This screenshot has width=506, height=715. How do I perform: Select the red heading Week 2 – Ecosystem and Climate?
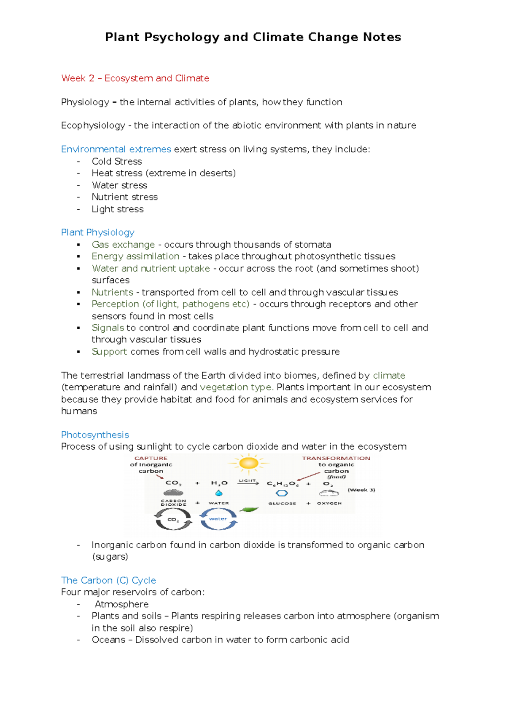pyautogui.click(x=135, y=78)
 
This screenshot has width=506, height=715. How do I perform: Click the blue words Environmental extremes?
pyautogui.click(x=116, y=149)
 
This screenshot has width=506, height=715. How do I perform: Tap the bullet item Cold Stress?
pyautogui.click(x=117, y=161)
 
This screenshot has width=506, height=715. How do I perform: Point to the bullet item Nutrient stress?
pyautogui.click(x=125, y=197)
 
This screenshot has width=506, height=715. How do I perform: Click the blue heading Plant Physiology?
pyautogui.click(x=98, y=232)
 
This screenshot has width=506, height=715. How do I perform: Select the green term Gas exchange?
pyautogui.click(x=123, y=245)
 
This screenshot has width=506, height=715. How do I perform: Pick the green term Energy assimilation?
pyautogui.click(x=135, y=256)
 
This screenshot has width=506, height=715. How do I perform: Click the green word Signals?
pyautogui.click(x=108, y=328)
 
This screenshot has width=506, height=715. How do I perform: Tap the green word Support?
pyautogui.click(x=109, y=352)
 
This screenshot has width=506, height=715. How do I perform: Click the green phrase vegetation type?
pyautogui.click(x=237, y=387)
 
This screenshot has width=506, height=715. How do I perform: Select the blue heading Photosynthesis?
pyautogui.click(x=95, y=435)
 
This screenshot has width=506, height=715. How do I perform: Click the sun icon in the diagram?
pyautogui.click(x=248, y=464)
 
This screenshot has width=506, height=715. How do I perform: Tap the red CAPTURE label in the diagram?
pyautogui.click(x=151, y=458)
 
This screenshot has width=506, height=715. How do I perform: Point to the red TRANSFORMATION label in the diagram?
pyautogui.click(x=336, y=458)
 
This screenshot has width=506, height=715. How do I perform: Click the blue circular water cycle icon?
pyautogui.click(x=218, y=519)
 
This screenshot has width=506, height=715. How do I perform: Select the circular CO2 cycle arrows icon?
pyautogui.click(x=173, y=519)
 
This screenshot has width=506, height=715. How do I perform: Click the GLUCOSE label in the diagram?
pyautogui.click(x=282, y=503)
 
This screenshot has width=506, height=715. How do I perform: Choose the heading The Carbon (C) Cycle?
pyautogui.click(x=108, y=580)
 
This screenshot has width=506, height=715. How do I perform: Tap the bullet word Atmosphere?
pyautogui.click(x=122, y=604)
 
